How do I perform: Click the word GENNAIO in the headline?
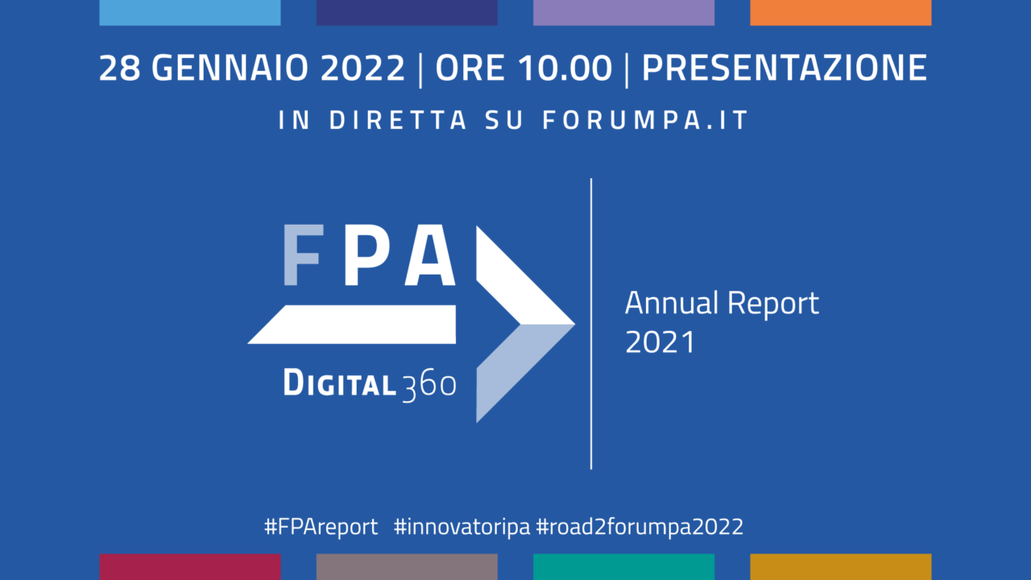click(230, 68)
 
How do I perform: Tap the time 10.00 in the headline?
click(565, 68)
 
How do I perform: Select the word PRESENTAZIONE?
click(785, 68)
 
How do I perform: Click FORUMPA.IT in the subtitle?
click(646, 120)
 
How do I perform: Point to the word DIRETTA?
click(398, 120)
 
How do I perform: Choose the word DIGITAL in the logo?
click(340, 383)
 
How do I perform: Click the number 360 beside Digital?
click(429, 386)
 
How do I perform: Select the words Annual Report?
click(722, 304)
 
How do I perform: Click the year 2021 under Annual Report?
click(660, 342)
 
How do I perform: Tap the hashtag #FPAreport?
click(321, 527)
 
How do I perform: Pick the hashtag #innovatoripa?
click(462, 527)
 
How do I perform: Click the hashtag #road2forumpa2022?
click(640, 527)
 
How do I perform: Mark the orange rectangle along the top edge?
click(840, 12)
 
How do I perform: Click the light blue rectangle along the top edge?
click(190, 12)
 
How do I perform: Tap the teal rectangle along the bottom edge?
click(623, 567)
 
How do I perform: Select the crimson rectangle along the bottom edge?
click(190, 567)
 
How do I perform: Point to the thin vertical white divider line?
click(591, 324)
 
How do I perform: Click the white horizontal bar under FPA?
click(352, 325)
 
